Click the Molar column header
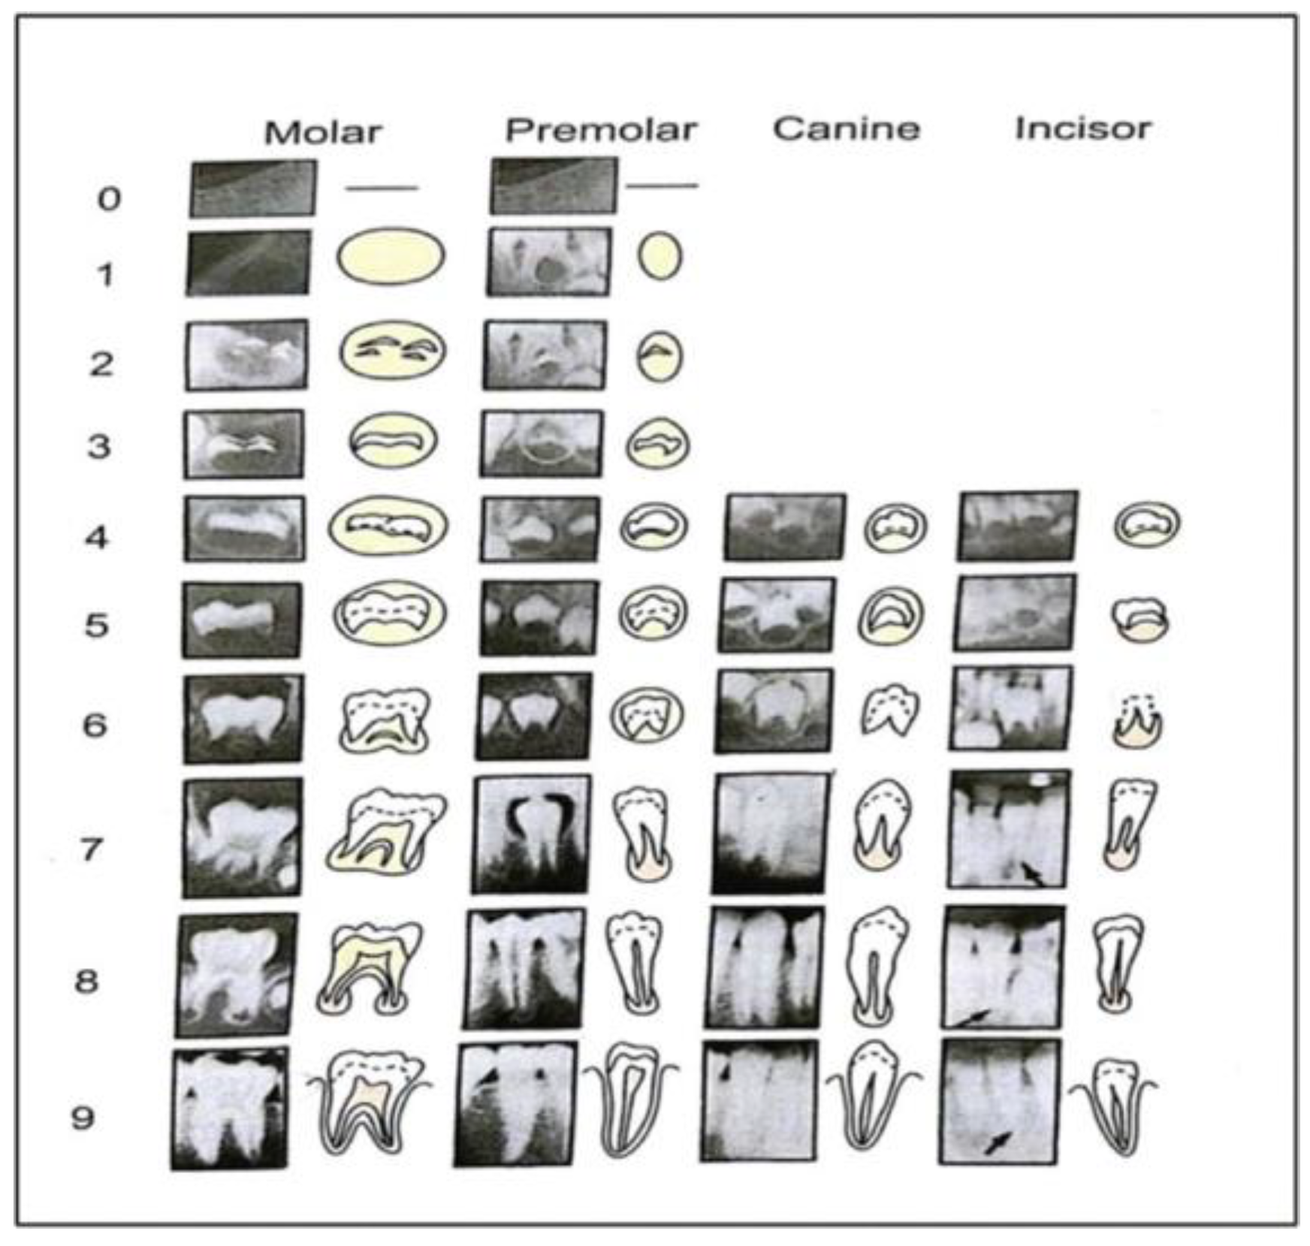point(323,133)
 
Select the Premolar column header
point(601,131)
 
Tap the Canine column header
point(847,129)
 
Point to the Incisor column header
point(1082,128)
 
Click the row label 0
point(109,199)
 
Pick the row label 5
point(97,625)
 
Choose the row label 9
point(83,1118)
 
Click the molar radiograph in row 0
point(252,189)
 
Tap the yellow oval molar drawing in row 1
point(391,257)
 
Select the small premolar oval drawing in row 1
point(660,257)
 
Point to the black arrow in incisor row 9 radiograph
point(998,1142)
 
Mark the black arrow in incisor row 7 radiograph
point(1033,873)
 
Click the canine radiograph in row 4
point(785,527)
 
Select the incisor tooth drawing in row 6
point(1137,720)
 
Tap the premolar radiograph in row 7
point(531,834)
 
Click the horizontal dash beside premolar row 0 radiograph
point(661,185)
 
